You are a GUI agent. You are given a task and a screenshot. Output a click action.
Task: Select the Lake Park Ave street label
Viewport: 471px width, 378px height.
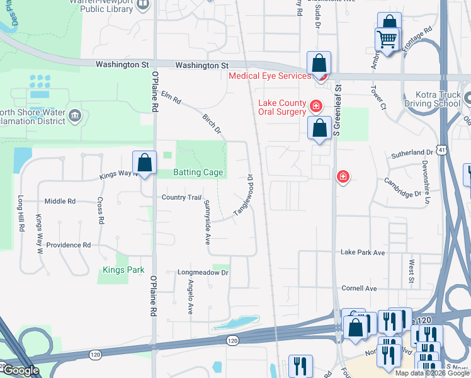click(362, 253)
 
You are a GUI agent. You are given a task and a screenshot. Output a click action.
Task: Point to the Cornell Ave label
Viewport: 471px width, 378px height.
click(359, 289)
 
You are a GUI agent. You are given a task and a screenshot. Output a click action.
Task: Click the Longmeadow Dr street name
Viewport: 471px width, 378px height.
click(202, 273)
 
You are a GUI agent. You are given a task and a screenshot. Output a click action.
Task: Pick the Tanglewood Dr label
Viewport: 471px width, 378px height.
click(244, 196)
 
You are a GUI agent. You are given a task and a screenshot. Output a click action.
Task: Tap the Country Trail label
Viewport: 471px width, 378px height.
click(181, 198)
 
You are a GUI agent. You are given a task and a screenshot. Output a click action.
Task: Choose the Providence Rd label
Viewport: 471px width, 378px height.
click(69, 245)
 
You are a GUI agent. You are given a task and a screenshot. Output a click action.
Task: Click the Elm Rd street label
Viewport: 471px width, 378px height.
click(171, 98)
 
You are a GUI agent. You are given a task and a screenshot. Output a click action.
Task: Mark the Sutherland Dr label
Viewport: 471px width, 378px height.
click(412, 152)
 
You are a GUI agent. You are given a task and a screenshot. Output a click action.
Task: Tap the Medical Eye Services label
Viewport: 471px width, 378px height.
click(270, 76)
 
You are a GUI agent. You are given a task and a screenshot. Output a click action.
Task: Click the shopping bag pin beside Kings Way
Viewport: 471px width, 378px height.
click(145, 163)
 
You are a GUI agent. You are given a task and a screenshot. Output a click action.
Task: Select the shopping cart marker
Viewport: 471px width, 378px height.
click(387, 40)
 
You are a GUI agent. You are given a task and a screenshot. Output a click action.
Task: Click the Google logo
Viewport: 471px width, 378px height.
click(20, 370)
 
